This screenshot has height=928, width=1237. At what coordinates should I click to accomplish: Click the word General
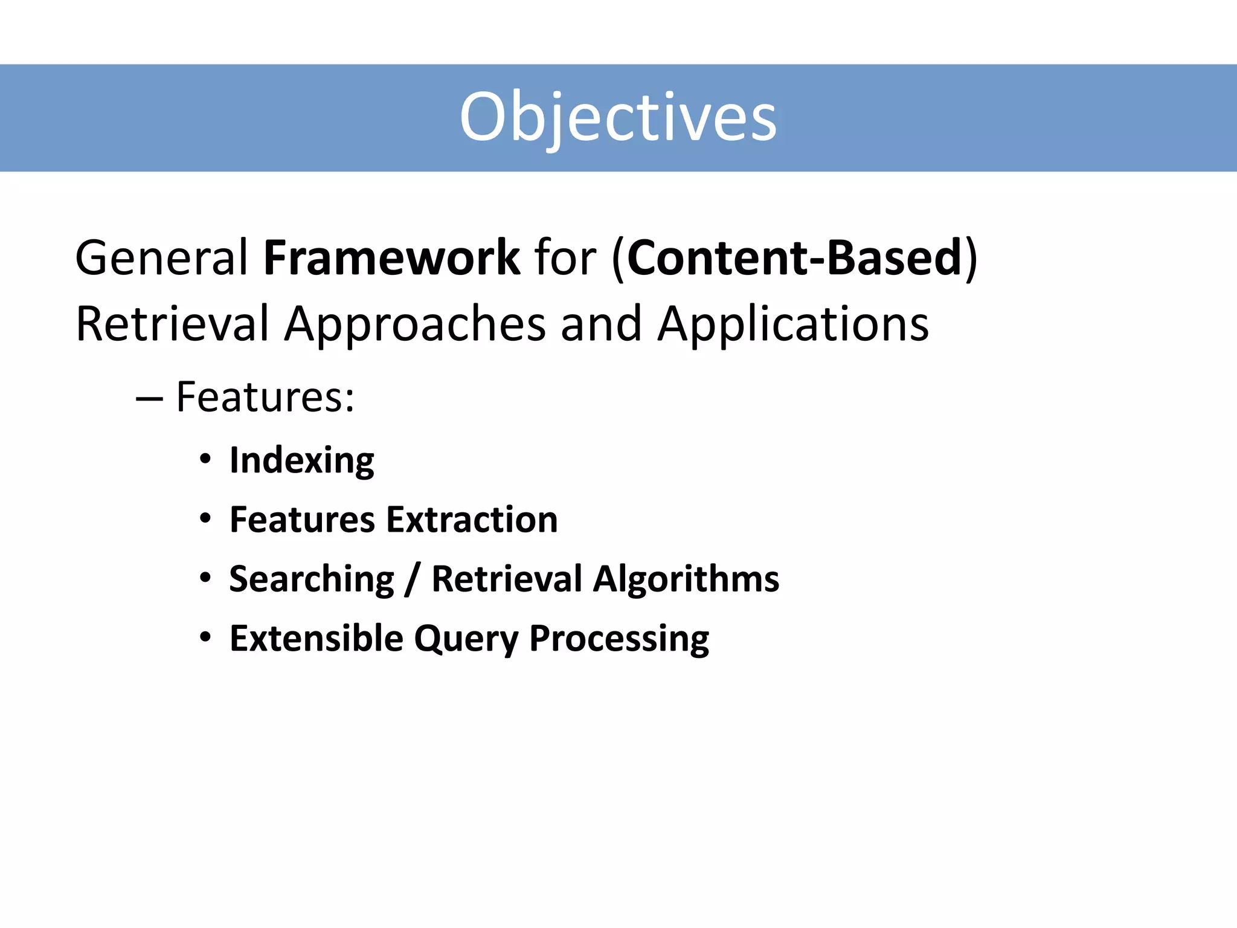[x=161, y=258]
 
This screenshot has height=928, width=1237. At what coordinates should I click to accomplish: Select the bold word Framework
[x=391, y=258]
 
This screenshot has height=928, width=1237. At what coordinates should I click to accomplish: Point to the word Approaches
[x=415, y=324]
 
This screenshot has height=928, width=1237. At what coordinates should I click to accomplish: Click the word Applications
[x=793, y=324]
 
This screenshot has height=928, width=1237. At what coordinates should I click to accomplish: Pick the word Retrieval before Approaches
[x=172, y=324]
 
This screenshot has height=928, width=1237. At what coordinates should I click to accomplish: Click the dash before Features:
[x=149, y=399]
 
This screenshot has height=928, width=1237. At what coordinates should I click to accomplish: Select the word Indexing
[x=302, y=461]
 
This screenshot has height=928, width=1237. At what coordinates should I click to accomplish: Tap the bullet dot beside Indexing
[x=205, y=459]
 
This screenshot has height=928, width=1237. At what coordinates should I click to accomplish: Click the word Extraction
[x=472, y=520]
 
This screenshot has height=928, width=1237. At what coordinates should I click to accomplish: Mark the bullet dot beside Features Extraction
[x=205, y=518]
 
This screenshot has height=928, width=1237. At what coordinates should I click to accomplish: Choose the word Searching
[x=312, y=579]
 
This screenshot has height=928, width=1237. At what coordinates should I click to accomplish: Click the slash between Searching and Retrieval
[x=413, y=579]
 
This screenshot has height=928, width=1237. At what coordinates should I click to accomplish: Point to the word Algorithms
[x=686, y=579]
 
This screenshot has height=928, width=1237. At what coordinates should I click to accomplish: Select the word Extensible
[x=316, y=638]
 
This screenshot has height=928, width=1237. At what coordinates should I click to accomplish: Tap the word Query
[x=466, y=639]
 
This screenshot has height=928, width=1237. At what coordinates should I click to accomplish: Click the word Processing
[x=619, y=639]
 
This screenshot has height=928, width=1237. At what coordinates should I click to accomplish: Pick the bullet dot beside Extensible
[x=205, y=637]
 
